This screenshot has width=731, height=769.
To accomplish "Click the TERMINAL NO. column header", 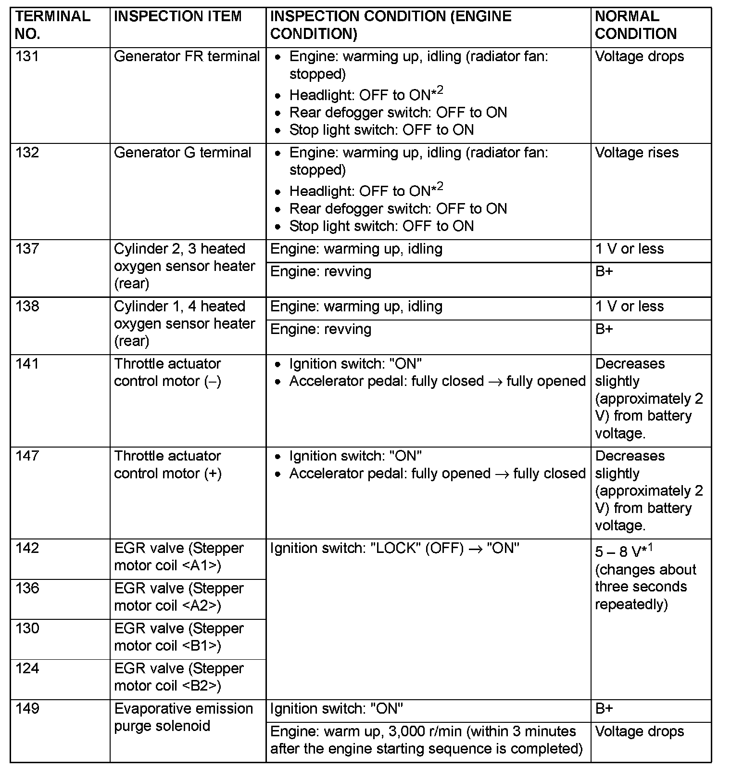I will tap(52, 25).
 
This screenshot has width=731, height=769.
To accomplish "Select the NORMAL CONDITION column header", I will tap(635, 25).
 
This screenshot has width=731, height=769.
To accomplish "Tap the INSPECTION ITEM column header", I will tap(177, 16).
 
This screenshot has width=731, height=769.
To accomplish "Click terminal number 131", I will tap(27, 56).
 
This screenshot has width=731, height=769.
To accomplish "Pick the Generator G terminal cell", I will tap(182, 153).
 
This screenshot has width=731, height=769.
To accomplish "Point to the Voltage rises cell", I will tap(636, 153).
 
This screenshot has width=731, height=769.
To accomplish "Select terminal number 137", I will tap(27, 249).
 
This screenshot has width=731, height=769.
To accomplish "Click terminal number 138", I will tap(27, 307).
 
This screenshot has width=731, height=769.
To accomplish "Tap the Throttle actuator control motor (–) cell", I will tap(167, 372).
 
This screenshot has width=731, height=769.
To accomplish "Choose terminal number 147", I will tap(27, 456).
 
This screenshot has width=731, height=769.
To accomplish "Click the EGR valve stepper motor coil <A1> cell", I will tap(178, 557).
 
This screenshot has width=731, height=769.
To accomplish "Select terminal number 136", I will tap(27, 588).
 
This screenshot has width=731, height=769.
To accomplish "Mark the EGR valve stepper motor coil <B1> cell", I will tap(178, 637).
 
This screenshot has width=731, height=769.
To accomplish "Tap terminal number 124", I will tap(27, 668).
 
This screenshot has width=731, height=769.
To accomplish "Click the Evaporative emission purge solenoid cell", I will tap(183, 717).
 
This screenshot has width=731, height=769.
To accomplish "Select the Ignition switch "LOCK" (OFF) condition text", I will tap(394, 548).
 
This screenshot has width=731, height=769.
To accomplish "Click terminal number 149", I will tap(27, 708).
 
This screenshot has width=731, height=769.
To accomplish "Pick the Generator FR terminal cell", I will tap(187, 56).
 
